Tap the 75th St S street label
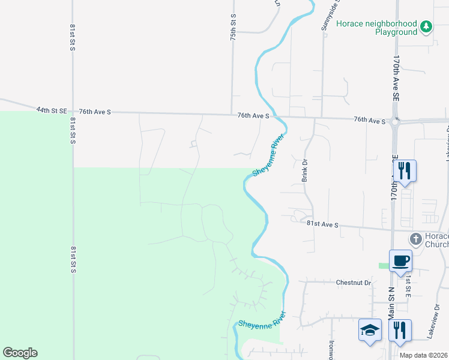tap(234, 28)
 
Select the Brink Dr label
tap(304, 170)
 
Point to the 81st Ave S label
tap(322, 224)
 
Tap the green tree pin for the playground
tap(426, 26)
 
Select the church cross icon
tap(415, 238)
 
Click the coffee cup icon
tap(400, 261)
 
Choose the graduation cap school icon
tap(370, 329)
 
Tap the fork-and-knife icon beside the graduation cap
tap(400, 329)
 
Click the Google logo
tap(20, 353)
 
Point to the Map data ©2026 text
tap(423, 355)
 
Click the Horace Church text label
tap(436, 240)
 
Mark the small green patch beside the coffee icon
tap(384, 266)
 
